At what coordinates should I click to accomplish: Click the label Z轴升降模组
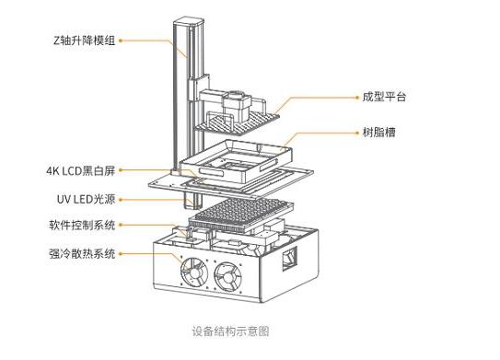coord(84,41)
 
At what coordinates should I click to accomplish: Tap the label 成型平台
coord(384,97)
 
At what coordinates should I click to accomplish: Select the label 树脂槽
coord(378,132)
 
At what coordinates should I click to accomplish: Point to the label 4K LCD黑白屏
coord(80,170)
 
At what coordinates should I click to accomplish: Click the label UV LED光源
coord(86,200)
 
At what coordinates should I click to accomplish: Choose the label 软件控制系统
coord(82,226)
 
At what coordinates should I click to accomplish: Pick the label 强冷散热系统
coord(82,254)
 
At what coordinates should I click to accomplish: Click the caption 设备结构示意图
coord(230,331)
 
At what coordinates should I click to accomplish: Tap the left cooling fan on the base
coord(194,273)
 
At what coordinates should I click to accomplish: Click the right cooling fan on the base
coord(228,277)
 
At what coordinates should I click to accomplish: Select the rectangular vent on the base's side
coord(289,259)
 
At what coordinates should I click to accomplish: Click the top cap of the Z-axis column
coord(189,22)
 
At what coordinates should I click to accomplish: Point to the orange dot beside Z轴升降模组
coord(121,41)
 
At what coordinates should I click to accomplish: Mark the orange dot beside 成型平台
coord(357,98)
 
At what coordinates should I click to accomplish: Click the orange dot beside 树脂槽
coord(357,133)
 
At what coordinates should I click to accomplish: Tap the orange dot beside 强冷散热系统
coord(121,254)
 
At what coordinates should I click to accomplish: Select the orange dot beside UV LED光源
coord(121,200)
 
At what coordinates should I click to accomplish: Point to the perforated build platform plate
coord(238,122)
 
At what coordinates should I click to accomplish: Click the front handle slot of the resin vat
coord(211,172)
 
